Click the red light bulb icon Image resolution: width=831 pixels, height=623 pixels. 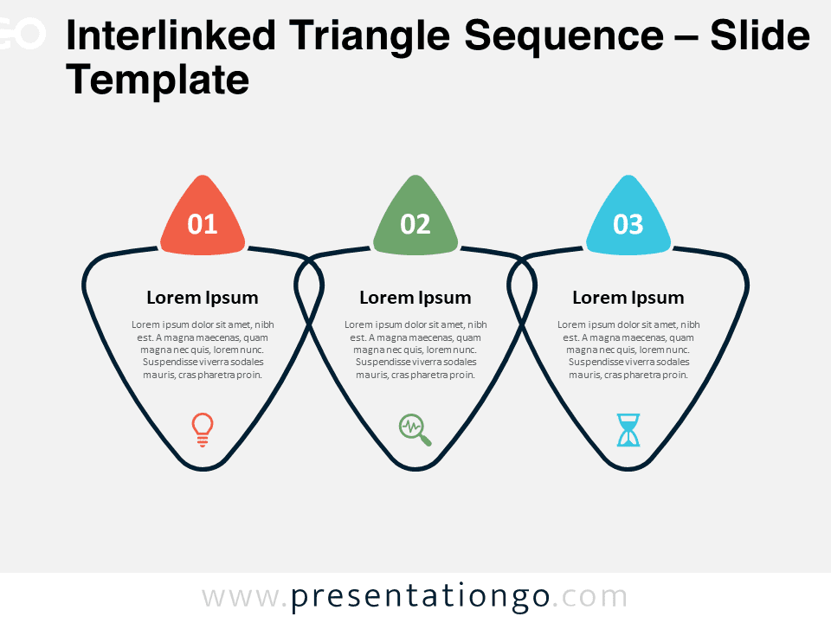(x=203, y=430)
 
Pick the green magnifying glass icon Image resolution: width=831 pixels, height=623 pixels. (x=415, y=430)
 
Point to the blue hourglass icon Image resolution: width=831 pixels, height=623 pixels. (x=628, y=430)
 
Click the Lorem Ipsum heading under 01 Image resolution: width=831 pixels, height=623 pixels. (x=203, y=298)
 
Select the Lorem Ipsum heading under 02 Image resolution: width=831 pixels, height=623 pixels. (x=415, y=298)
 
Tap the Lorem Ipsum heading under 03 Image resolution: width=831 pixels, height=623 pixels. (x=628, y=298)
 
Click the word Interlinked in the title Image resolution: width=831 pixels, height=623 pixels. (x=171, y=35)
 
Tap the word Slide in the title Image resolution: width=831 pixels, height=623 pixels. (x=759, y=35)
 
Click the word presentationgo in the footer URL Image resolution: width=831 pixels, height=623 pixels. (x=421, y=598)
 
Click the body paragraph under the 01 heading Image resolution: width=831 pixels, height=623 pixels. (x=203, y=350)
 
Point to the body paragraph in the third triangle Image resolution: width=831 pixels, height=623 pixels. (x=628, y=350)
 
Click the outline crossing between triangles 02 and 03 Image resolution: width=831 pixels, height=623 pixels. (x=522, y=322)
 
